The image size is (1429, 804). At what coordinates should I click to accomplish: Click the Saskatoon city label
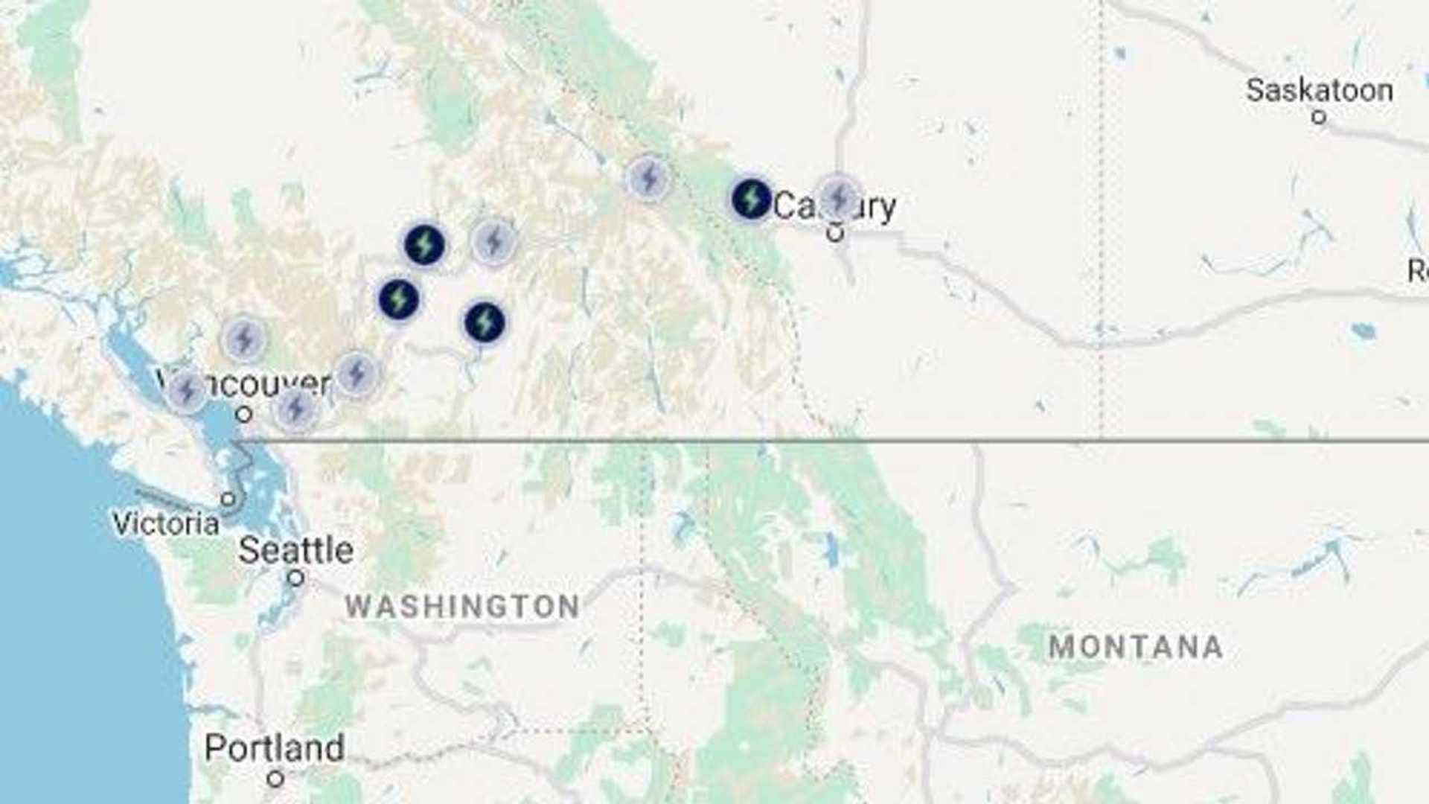click(1319, 90)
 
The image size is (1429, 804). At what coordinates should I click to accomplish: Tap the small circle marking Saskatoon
click(1319, 117)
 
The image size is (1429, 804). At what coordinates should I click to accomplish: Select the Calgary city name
click(834, 206)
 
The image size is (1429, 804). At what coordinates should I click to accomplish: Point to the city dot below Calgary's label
click(835, 233)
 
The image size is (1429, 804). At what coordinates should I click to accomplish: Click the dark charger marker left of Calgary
click(751, 199)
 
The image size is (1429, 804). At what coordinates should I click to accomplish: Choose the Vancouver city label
click(246, 384)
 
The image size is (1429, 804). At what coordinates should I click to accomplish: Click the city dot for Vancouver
click(244, 414)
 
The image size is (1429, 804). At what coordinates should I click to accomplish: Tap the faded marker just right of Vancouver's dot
click(295, 408)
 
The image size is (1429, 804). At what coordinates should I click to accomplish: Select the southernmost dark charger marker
click(485, 323)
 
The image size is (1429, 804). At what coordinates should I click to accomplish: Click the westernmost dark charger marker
click(399, 299)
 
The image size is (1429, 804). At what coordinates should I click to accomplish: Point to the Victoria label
click(165, 523)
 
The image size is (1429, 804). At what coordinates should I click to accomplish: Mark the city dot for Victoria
click(229, 499)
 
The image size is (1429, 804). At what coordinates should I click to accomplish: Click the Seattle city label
click(295, 550)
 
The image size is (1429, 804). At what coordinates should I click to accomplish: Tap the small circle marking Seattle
click(296, 578)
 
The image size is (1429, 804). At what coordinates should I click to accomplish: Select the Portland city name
click(274, 747)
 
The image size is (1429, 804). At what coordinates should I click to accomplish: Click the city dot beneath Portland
click(275, 779)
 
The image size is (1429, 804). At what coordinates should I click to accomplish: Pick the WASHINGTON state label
click(462, 607)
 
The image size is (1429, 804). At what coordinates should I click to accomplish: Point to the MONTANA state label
click(1136, 647)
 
